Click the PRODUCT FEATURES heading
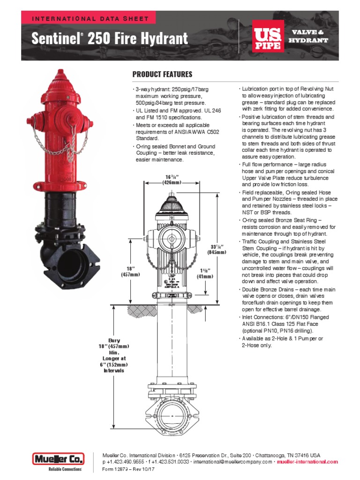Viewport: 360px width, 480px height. tap(162, 75)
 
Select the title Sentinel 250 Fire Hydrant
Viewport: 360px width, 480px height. tap(109, 38)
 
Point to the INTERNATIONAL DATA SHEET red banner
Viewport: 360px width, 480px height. tap(90, 19)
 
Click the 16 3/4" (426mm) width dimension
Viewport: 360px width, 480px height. tap(172, 179)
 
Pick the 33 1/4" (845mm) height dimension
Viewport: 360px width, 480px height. tap(217, 249)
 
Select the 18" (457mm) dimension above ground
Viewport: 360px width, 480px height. tap(130, 271)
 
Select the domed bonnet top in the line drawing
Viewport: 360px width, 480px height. tap(172, 203)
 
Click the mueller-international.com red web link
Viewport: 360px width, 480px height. tap(307, 462)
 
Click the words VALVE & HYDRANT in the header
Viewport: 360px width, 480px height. tap(308, 36)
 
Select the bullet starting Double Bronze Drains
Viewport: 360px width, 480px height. tap(288, 300)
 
